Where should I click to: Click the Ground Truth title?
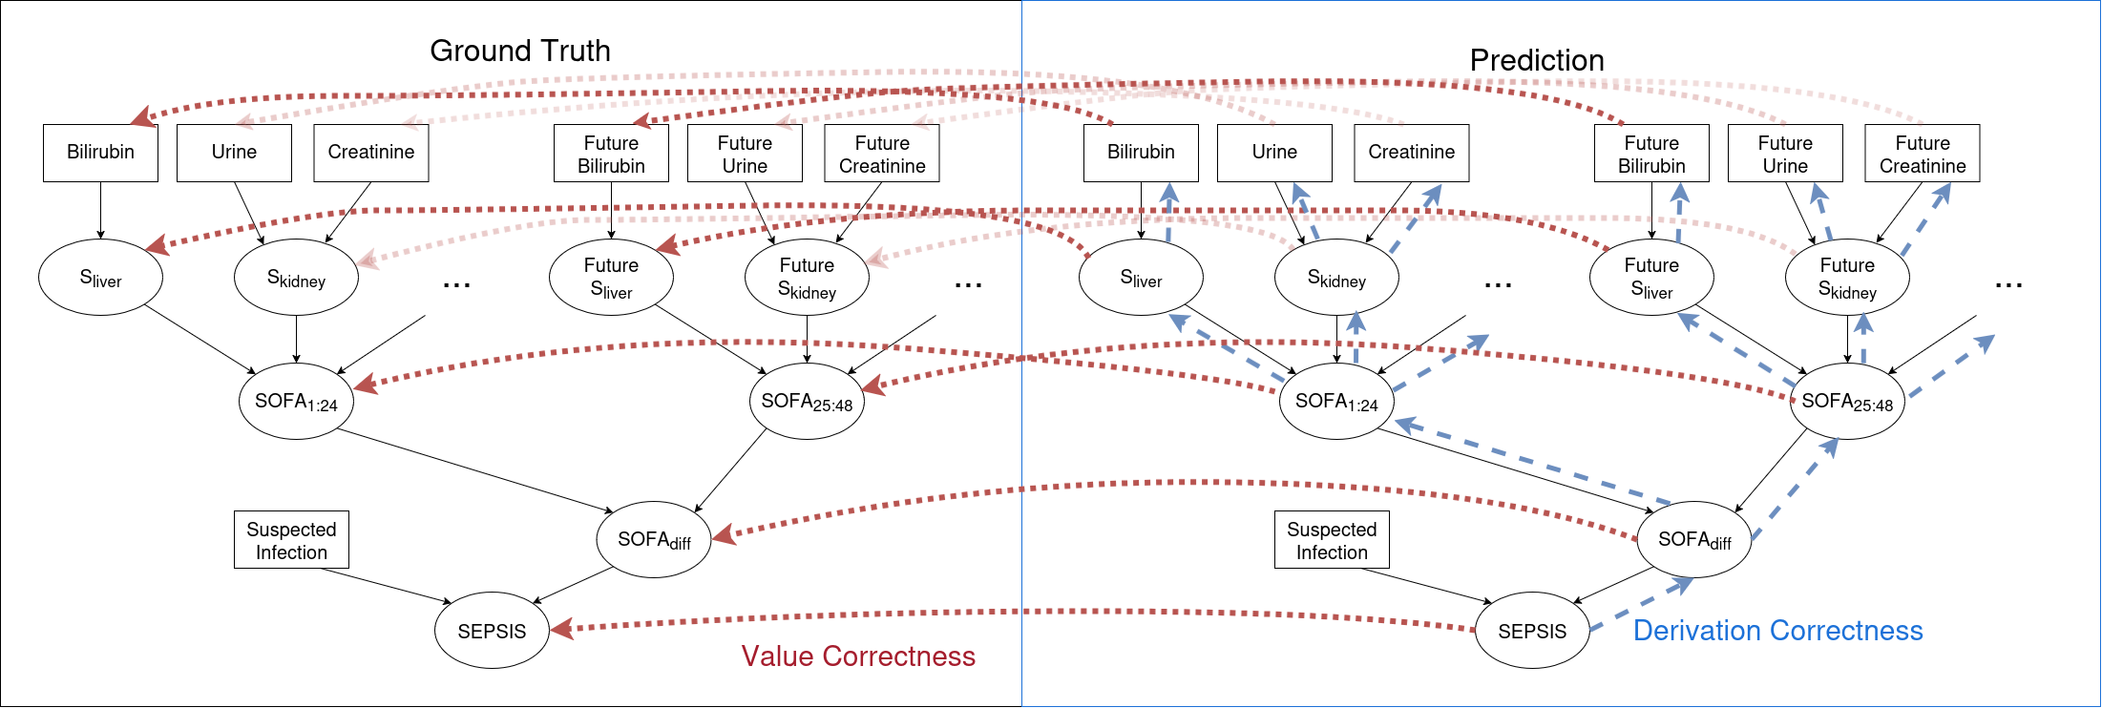point(520,51)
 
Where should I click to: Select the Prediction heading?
point(1537,60)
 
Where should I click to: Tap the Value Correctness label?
point(858,656)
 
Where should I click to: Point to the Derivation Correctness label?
point(1778,631)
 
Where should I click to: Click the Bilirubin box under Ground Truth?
point(100,153)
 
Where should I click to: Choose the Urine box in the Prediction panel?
point(1274,153)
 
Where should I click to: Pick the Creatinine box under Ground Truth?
point(371,153)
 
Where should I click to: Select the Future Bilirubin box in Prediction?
point(1651,153)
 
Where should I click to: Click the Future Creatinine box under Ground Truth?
point(882,153)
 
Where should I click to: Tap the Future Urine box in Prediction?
point(1785,153)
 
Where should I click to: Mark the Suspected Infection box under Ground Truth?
point(291,540)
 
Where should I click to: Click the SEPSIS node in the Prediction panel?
point(1532,631)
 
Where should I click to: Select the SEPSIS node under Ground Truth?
point(492,631)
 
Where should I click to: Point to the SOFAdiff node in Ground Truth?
point(654,539)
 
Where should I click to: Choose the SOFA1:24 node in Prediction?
point(1336,401)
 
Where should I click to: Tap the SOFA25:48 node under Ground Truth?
point(807,401)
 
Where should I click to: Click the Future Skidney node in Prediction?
point(1847,277)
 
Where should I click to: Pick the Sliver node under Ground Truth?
point(100,278)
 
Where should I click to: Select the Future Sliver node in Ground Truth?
point(611,277)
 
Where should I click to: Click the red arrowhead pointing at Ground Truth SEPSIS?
point(562,628)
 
